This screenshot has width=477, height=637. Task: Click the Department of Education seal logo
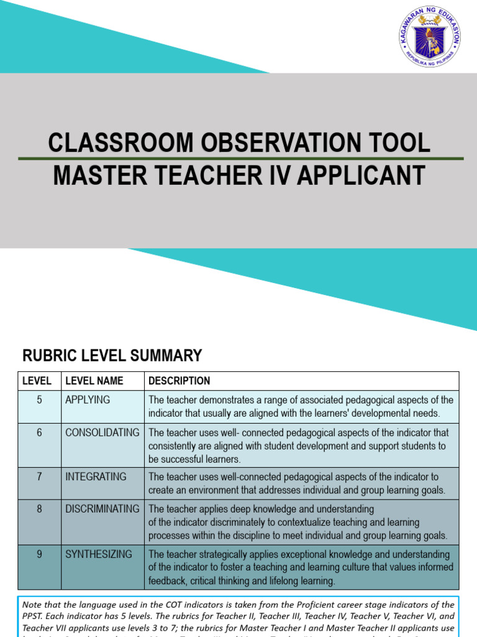coord(429,37)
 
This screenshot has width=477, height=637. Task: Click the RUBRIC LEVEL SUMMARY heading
coord(112,356)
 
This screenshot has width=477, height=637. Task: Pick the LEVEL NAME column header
coord(94,381)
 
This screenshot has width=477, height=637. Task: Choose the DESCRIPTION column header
coord(179,381)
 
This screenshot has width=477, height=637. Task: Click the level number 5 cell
coord(39,400)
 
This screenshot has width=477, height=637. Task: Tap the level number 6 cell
coord(39,432)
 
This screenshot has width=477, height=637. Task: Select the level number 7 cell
coord(39,477)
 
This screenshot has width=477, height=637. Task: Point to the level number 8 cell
coord(39,509)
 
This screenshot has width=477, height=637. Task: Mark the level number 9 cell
coord(39,554)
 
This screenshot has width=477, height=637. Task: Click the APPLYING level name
coord(88,400)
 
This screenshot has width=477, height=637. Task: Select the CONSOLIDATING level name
coord(102,432)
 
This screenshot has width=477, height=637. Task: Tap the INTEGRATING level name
coord(96,477)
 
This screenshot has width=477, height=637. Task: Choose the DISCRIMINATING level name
coord(102,509)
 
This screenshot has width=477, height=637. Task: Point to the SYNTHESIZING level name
coord(99,554)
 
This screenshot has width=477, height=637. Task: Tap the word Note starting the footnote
coord(32,604)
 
